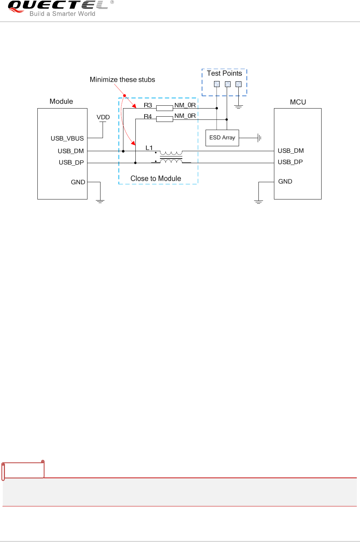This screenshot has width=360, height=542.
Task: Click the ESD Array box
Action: coord(222,138)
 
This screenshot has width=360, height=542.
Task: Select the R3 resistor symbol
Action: coord(164,108)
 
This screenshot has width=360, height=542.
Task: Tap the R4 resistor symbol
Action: coord(164,119)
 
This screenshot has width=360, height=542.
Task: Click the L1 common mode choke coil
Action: coord(171,157)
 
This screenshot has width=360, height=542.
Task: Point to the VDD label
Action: coord(103,117)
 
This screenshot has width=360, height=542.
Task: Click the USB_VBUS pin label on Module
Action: coord(67,138)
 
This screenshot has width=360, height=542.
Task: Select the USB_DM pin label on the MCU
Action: coord(291,151)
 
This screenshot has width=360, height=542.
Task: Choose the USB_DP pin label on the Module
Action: coord(71,162)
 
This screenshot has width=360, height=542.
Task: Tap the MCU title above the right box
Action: coord(298,102)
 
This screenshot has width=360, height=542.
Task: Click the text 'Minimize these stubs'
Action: coord(122,80)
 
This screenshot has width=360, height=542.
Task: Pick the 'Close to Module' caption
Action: coord(156,179)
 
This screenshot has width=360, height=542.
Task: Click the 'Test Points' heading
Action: coord(224,73)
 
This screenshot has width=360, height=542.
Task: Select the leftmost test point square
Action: coord(217,84)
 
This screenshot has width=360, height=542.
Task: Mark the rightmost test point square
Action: coord(238,84)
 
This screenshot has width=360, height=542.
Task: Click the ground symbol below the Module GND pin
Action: coord(100,201)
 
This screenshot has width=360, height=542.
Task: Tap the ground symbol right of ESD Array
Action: coord(260,138)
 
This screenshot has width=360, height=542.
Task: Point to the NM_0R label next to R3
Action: coord(185,105)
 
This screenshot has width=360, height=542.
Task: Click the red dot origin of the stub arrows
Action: coord(124,96)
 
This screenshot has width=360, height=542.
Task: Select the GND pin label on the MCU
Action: coord(285,181)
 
